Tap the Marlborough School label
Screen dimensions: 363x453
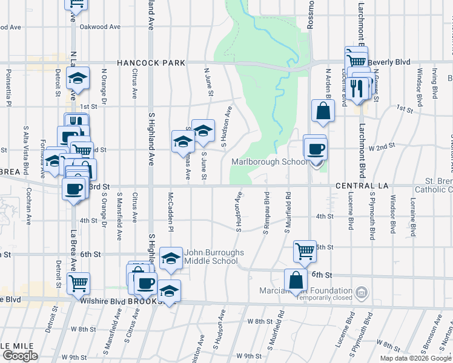pos(269,162)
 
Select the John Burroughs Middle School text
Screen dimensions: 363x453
pos(214,257)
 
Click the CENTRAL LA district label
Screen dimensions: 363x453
pos(361,185)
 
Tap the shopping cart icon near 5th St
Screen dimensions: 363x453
pos(305,250)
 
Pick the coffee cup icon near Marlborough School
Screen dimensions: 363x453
pos(315,148)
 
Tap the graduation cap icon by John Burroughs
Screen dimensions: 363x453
pos(171,257)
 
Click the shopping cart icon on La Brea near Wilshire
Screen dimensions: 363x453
pos(78,283)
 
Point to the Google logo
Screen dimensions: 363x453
pos(20,356)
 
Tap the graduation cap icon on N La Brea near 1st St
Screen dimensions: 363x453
pos(78,78)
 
